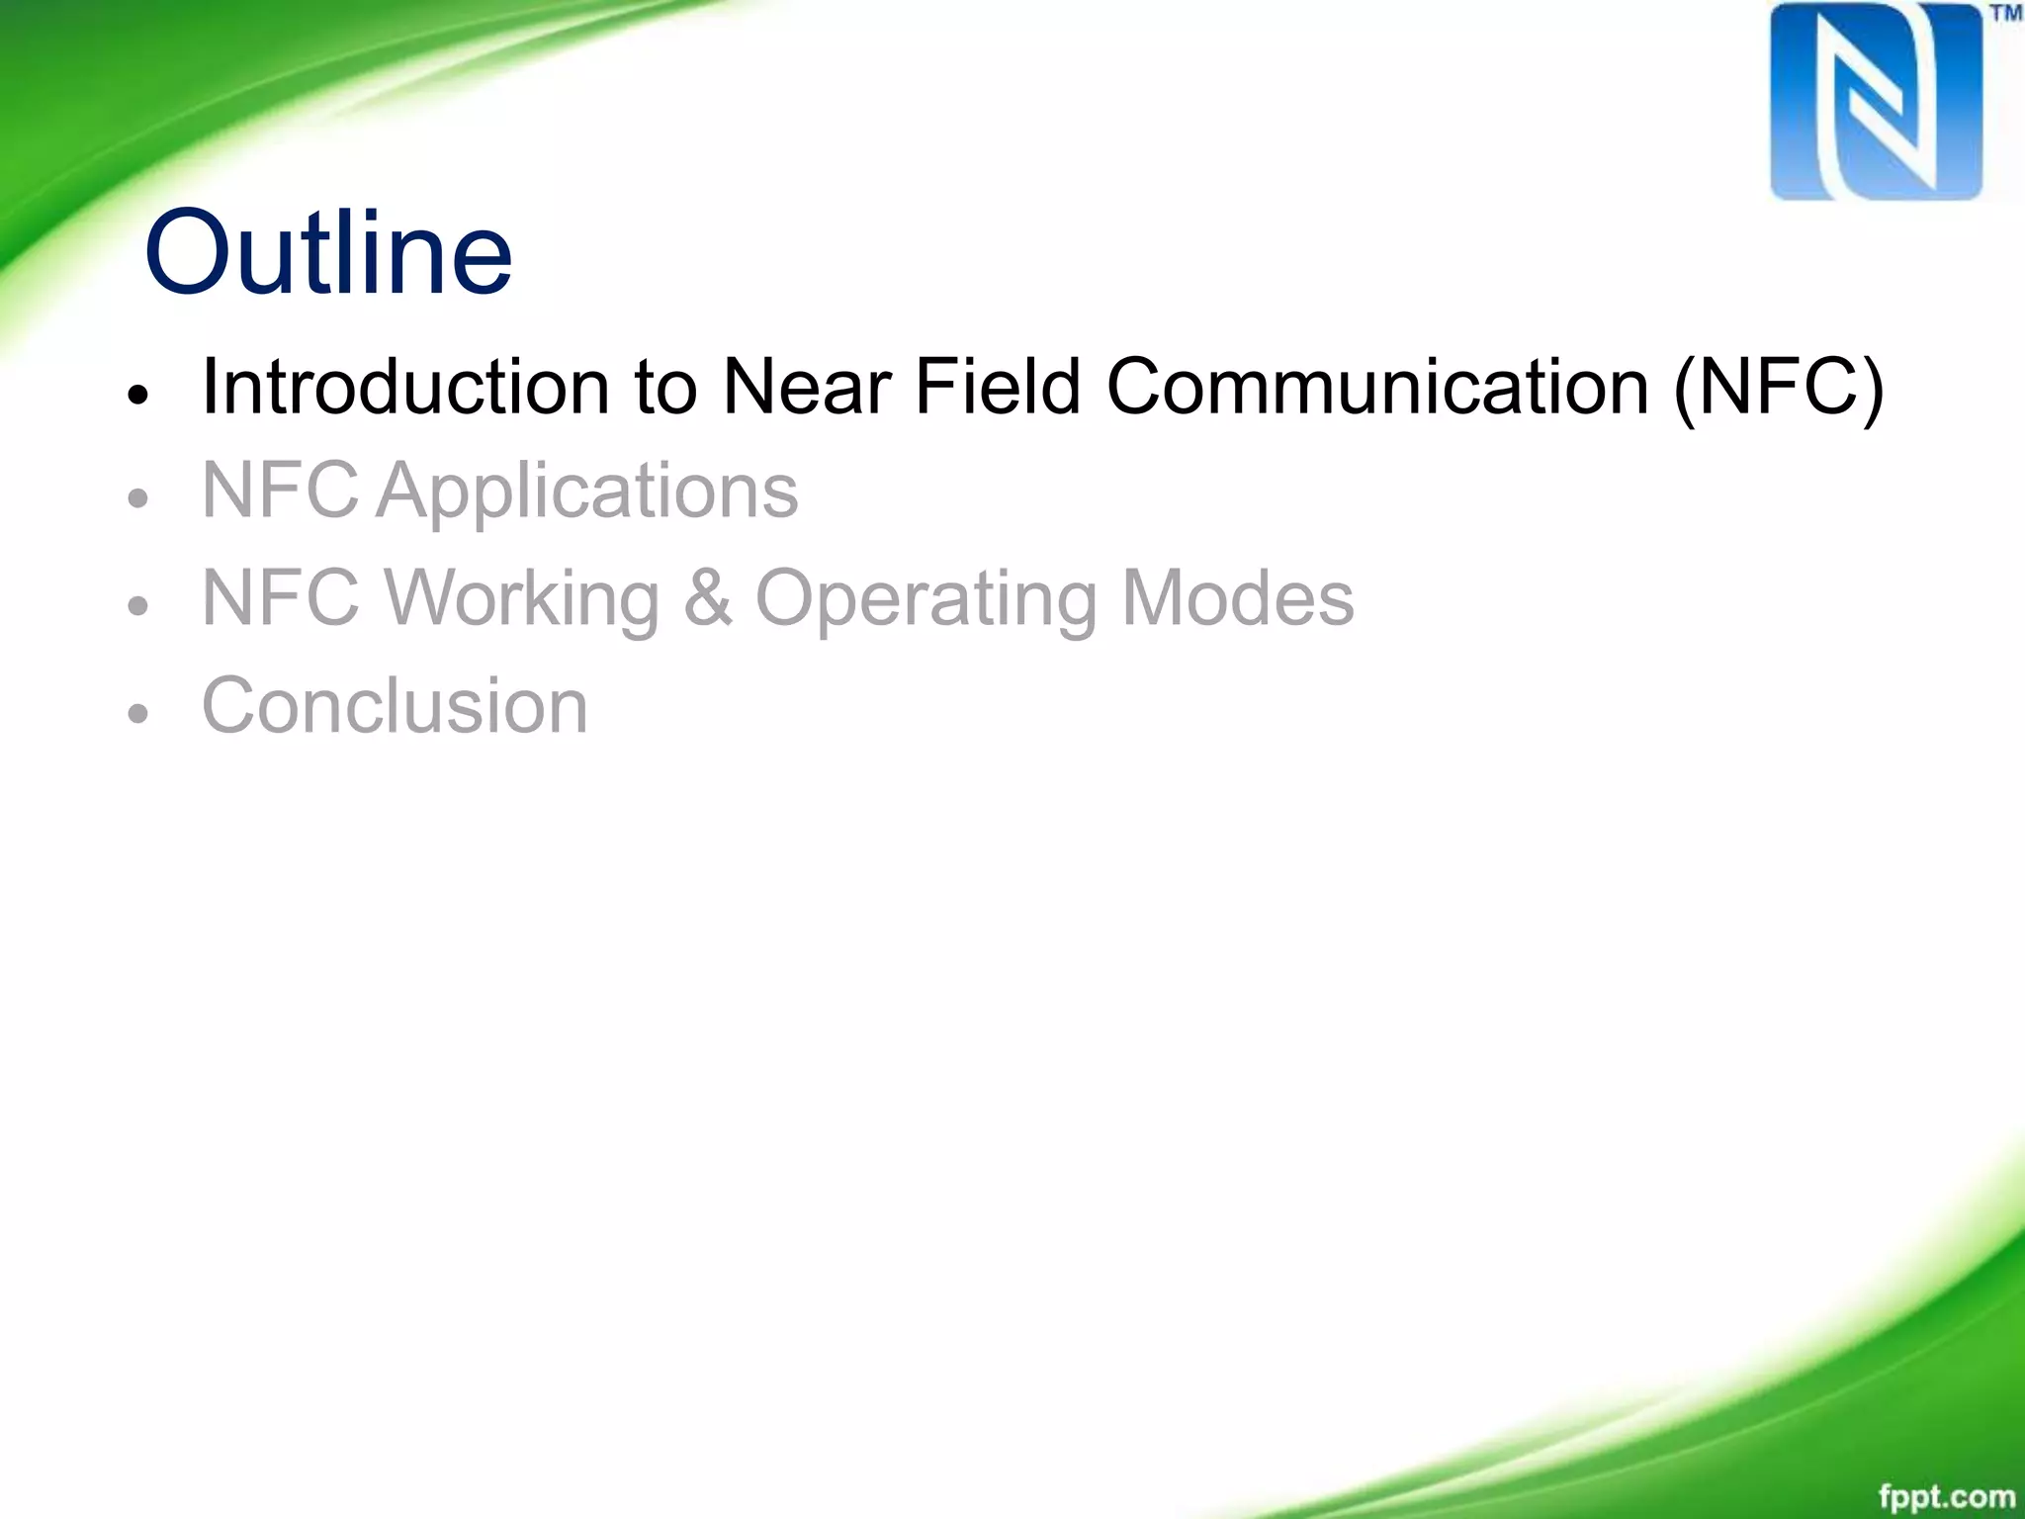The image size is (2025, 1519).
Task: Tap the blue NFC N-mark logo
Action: (1876, 102)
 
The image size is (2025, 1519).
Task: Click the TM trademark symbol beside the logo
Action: (2006, 14)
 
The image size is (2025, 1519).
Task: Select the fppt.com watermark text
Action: (1946, 1496)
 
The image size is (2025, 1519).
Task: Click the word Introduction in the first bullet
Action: (405, 386)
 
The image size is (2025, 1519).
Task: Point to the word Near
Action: (807, 386)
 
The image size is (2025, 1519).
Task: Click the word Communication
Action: (1377, 386)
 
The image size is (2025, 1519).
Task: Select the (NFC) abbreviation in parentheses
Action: (1779, 388)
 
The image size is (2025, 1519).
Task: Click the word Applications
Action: (586, 491)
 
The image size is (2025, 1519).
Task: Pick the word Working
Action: (522, 599)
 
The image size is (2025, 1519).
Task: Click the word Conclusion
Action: (395, 706)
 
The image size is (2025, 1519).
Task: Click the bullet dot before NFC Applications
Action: (137, 498)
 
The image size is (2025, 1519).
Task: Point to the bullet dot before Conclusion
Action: (137, 712)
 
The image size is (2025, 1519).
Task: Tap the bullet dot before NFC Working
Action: (137, 605)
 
